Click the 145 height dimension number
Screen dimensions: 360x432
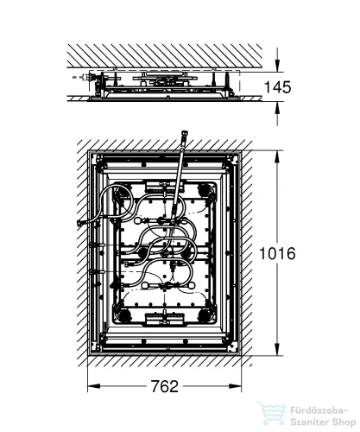277,87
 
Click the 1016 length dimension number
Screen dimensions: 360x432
277,254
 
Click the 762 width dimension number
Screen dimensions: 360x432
165,386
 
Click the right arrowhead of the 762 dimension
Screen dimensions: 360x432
235,386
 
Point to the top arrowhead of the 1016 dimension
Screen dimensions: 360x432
277,157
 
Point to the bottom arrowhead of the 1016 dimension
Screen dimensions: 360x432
277,349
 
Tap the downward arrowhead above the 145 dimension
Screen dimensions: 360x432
277,66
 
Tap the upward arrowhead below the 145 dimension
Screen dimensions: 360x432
277,108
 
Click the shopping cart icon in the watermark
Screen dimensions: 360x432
272,414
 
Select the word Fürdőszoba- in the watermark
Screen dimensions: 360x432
319,410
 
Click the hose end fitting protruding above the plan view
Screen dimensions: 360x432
183,137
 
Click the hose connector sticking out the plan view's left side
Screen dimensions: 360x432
80,223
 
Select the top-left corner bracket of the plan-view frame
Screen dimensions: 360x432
99,158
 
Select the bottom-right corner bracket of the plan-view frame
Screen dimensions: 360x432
231,348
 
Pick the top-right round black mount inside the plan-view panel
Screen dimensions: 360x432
204,190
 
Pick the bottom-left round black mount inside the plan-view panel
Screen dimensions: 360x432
125,314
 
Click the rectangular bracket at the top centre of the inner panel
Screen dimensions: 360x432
164,186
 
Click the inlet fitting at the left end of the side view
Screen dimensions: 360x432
86,77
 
